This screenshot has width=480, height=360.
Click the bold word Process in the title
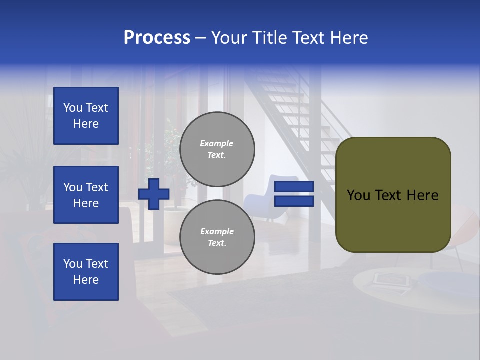pos(157,38)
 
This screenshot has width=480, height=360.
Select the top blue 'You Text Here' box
pos(86,116)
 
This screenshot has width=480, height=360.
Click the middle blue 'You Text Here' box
pos(86,195)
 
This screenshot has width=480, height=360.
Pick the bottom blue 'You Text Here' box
pos(86,272)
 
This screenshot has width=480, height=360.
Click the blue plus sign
pos(154,194)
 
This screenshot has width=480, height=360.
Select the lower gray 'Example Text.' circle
pos(217,237)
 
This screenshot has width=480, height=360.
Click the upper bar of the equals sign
pos(294,187)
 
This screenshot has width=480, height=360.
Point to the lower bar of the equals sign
pos(294,201)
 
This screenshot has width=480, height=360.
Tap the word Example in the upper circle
pos(216,143)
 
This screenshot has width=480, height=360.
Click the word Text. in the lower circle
pos(217,243)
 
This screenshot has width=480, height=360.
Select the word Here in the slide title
pos(349,38)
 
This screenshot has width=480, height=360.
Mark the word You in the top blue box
pos(73,108)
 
